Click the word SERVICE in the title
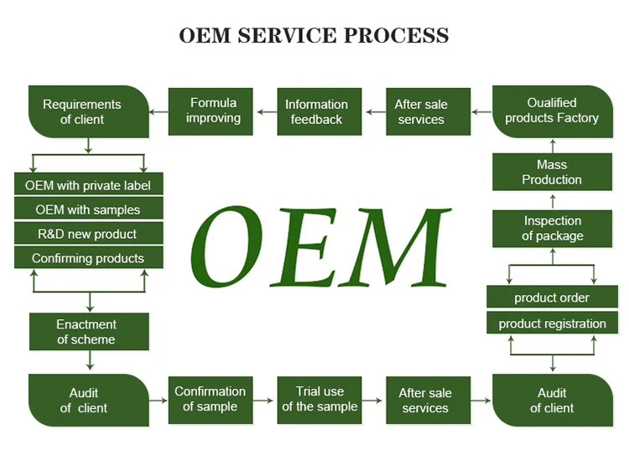pos(287,35)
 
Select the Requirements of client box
pos(89,111)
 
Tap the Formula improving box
pos(211,111)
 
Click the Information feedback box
pos(320,111)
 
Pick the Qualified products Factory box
pos(553,111)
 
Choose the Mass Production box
pos(553,172)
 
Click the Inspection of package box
pos(553,229)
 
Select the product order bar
pos(553,297)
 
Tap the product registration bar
pos(553,323)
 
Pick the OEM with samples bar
pos(89,209)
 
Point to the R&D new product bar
pos(89,233)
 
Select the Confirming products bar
pos(89,257)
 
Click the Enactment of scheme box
pos(89,332)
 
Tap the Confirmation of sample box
pos(211,400)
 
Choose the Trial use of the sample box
pos(320,400)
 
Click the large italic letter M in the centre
pos(395,247)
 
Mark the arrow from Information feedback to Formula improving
pos(267,112)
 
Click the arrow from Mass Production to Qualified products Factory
pos(553,147)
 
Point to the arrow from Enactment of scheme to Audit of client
pos(90,360)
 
